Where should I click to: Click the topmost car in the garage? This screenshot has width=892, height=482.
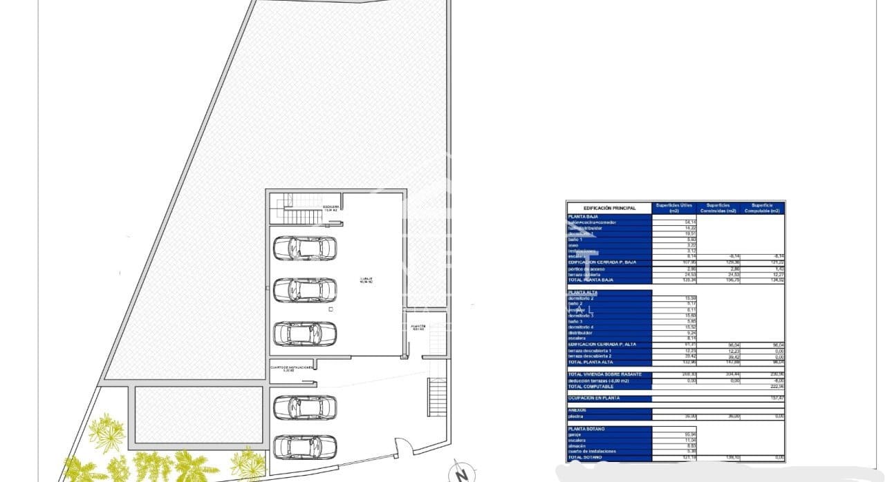point(305,248)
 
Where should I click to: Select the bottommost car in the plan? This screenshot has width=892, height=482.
point(305,447)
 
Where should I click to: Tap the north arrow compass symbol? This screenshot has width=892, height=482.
point(460,474)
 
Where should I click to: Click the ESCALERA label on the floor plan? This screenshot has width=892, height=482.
point(331,207)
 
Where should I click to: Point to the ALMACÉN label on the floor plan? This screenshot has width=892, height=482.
point(418,327)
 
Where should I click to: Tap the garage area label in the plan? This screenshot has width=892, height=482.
point(365,280)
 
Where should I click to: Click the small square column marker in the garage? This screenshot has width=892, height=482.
point(331,310)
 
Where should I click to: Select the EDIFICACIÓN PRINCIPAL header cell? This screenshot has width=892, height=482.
point(608,208)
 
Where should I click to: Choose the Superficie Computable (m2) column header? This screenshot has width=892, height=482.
point(763,208)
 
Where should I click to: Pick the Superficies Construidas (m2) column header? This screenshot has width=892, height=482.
point(718,208)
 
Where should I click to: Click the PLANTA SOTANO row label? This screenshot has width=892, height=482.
point(586,429)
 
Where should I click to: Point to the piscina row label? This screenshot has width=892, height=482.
point(576,416)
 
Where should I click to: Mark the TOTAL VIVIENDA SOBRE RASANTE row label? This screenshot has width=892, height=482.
point(604,374)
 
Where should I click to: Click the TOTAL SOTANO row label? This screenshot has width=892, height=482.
point(585,458)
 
